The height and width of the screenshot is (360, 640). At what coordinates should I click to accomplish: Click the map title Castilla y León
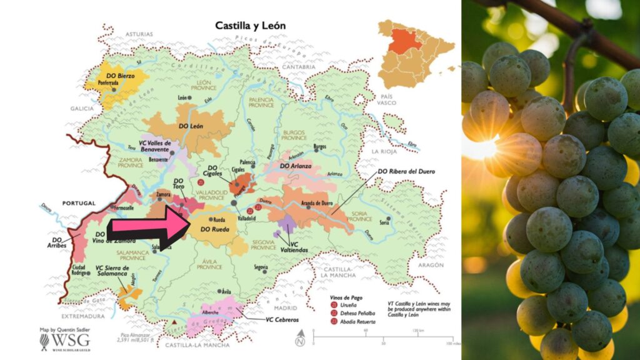(250, 26)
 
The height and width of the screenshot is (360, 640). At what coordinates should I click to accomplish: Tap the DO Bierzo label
(117, 76)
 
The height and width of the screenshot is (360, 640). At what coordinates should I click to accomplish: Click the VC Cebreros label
(282, 319)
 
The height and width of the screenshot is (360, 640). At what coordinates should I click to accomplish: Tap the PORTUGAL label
(79, 203)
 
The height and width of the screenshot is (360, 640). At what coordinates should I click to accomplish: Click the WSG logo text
(70, 340)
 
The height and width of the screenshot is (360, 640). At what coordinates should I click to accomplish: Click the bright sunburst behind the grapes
(482, 148)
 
